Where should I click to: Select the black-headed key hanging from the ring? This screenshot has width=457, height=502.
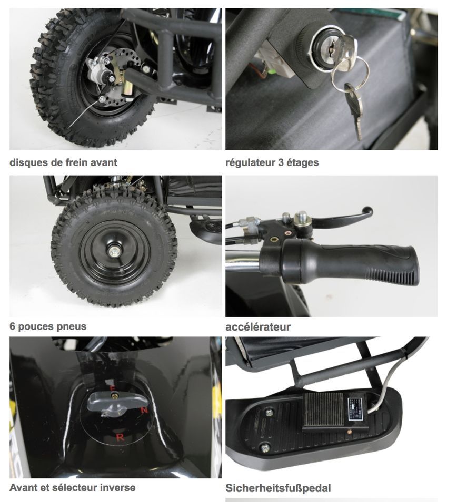pos(354,109)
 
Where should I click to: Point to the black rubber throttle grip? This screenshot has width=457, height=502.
pos(350,261)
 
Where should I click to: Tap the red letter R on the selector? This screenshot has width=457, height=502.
pos(120,437)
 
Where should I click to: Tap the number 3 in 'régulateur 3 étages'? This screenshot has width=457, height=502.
pos(281,162)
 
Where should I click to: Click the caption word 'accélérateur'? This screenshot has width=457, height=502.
pos(258,327)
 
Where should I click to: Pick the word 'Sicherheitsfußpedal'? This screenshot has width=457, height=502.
pos(278,488)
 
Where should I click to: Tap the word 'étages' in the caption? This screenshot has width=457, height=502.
pos(302,163)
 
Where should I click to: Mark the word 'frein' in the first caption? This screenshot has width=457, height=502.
pos(76,162)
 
